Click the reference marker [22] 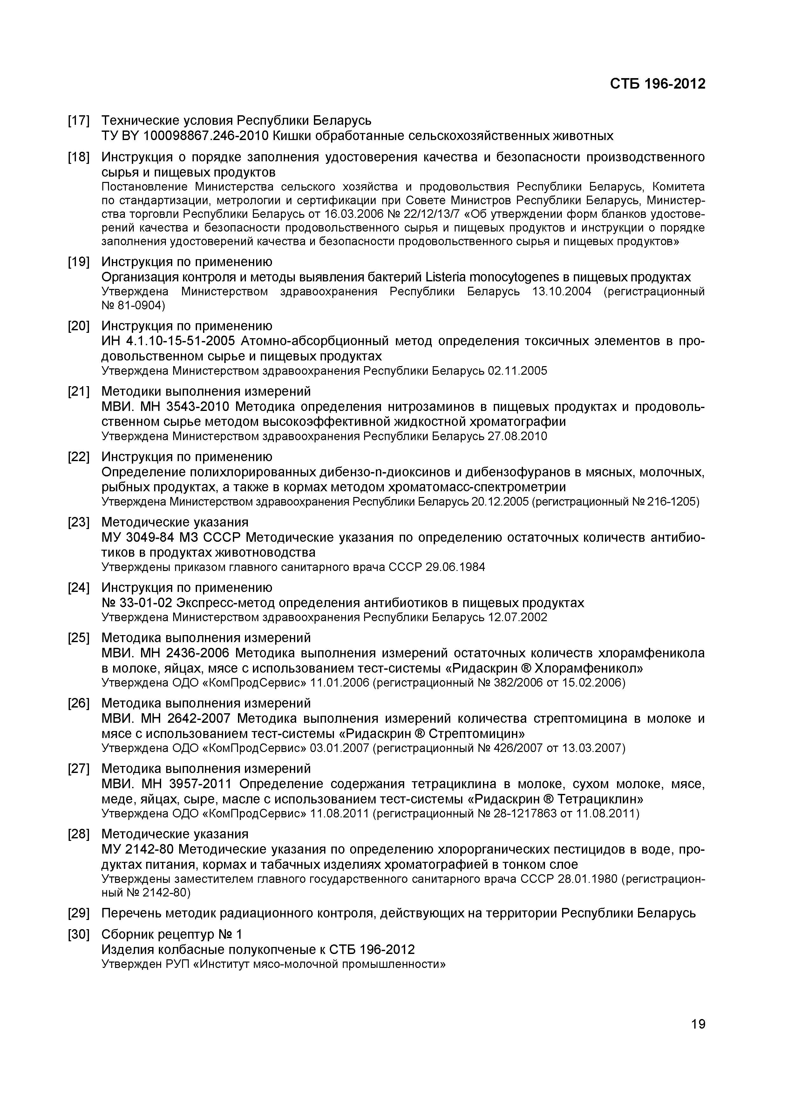pos(79,457)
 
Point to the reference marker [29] pos(79,913)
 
